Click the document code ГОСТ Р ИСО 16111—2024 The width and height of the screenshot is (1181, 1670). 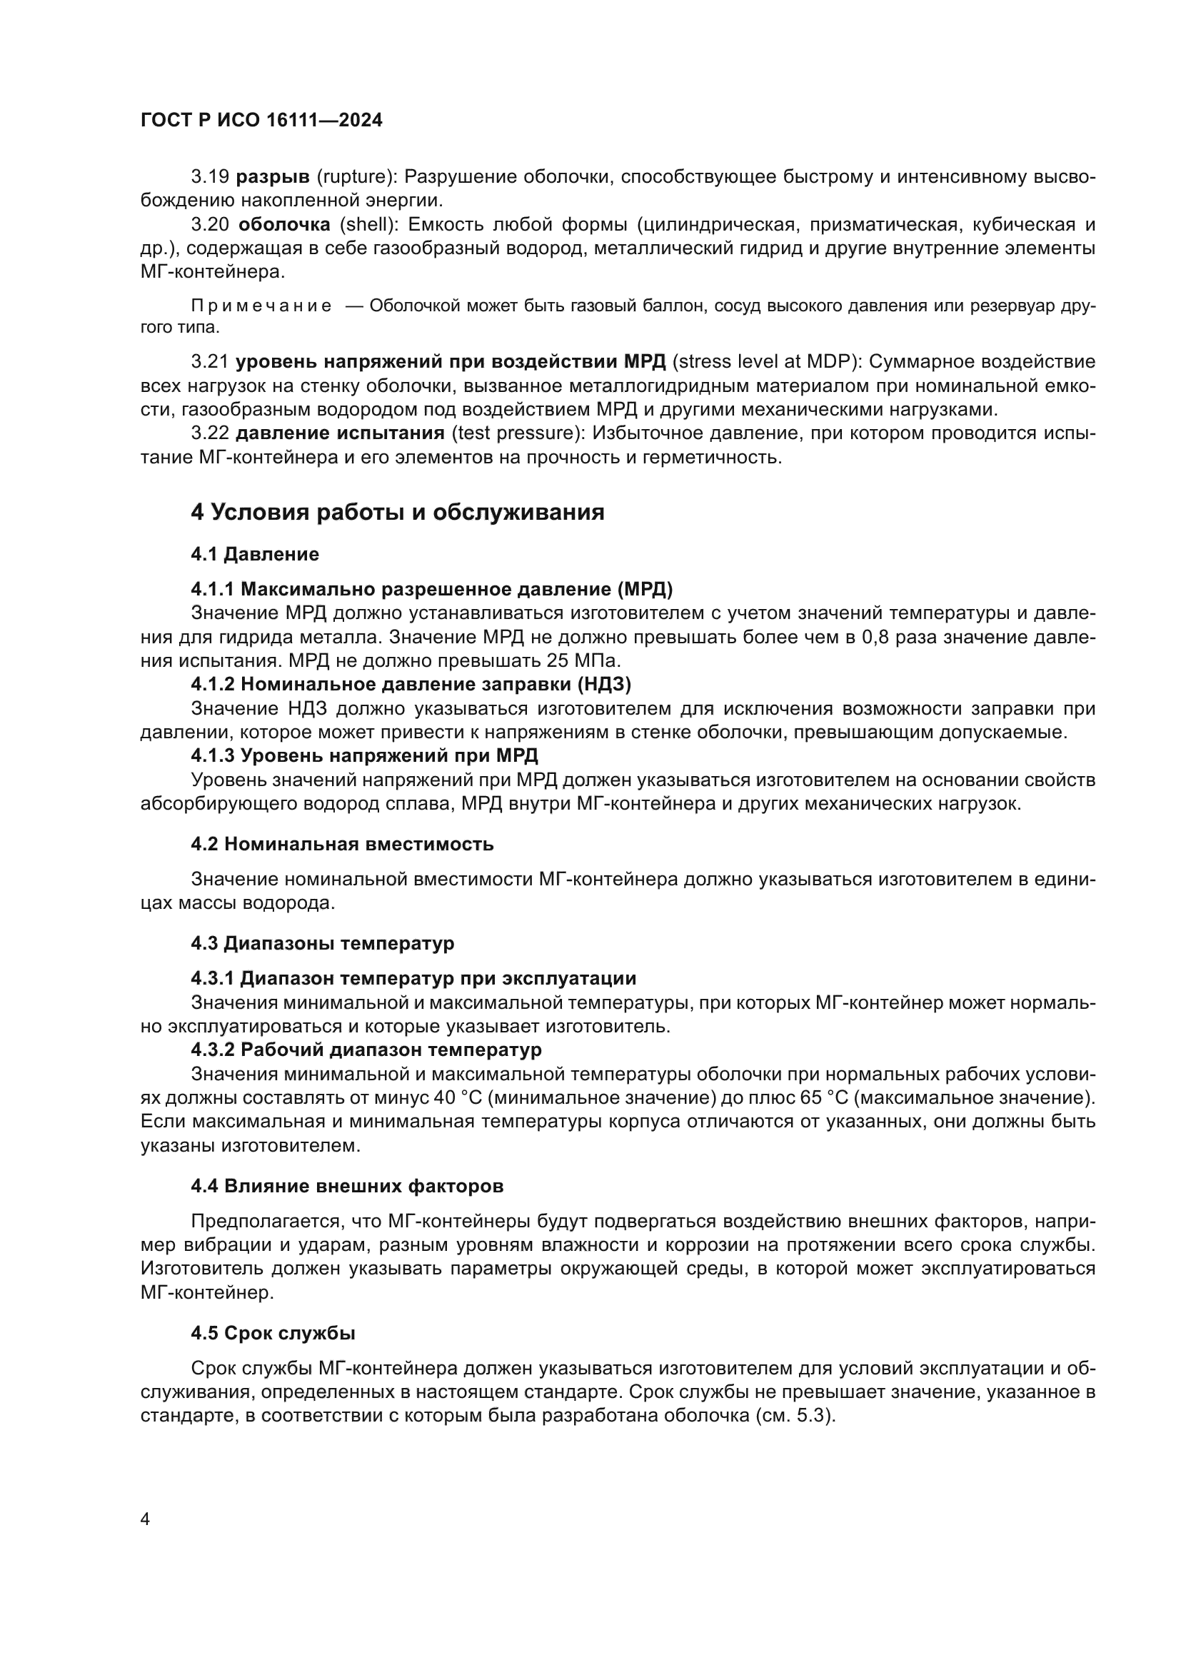coord(261,120)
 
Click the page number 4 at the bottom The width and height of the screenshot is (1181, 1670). coord(145,1519)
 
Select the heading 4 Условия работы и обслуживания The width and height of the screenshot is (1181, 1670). coord(397,512)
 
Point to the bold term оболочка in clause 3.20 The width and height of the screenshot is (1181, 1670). coord(284,224)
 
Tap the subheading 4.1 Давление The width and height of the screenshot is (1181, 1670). coord(254,554)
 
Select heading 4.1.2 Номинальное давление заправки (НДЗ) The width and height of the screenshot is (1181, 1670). coord(411,684)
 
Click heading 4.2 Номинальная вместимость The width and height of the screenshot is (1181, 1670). coord(342,844)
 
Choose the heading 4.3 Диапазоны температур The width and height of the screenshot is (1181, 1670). coord(322,943)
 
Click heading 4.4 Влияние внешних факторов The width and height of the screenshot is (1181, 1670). coord(347,1187)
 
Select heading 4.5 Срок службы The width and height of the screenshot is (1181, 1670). coord(273,1333)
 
